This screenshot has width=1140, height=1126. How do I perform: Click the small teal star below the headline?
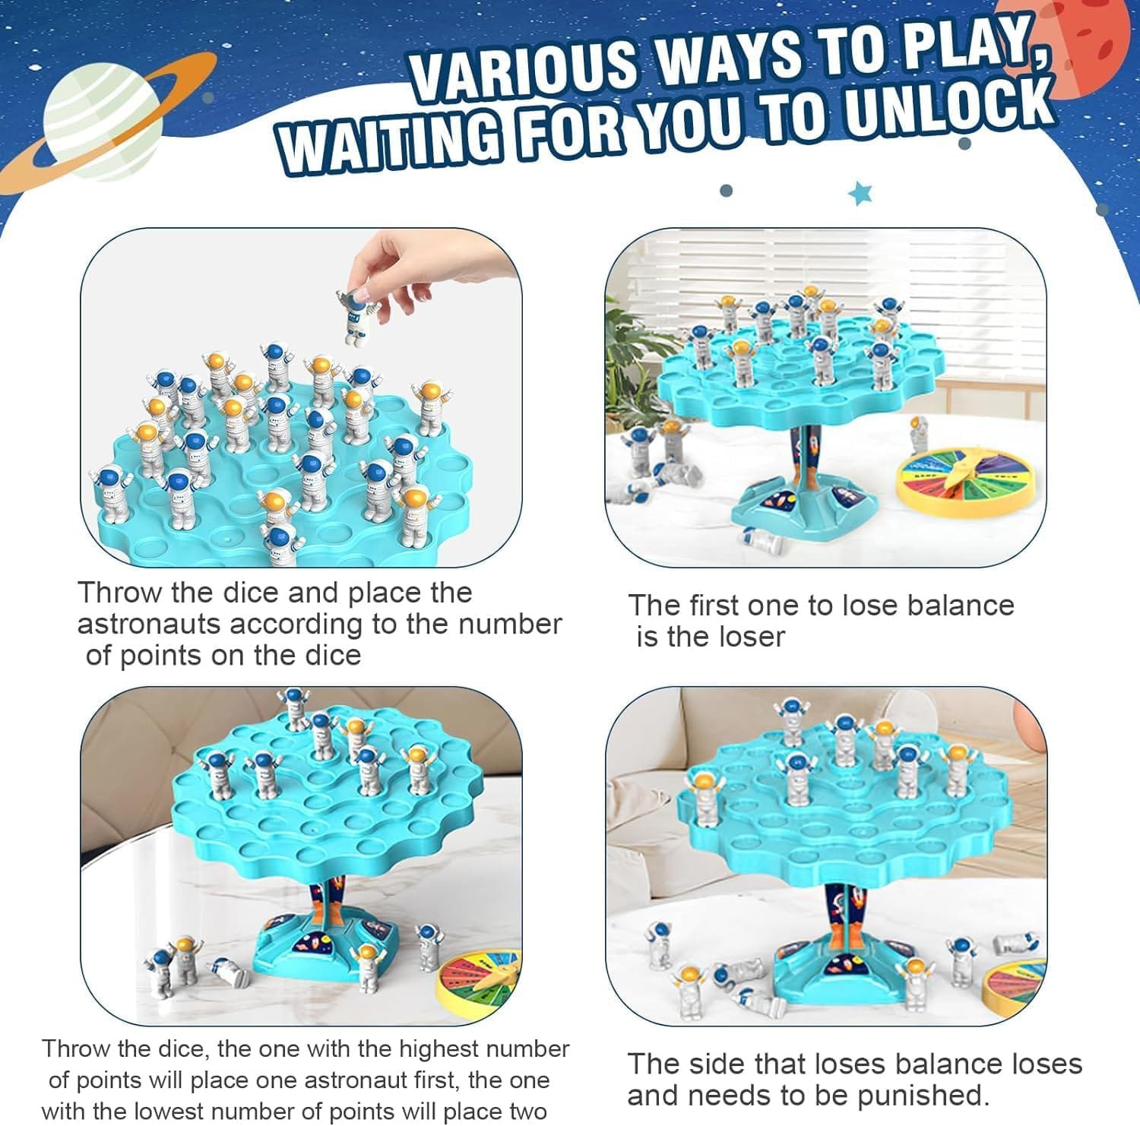(x=860, y=194)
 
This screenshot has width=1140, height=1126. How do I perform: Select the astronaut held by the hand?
(x=355, y=316)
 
